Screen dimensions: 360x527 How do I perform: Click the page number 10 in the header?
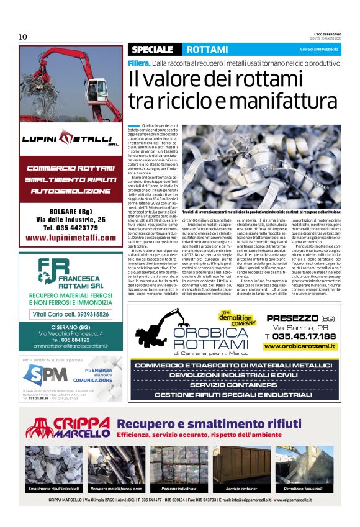[23, 37]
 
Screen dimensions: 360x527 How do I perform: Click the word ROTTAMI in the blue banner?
[207, 49]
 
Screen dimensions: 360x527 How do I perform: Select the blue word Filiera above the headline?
[139, 63]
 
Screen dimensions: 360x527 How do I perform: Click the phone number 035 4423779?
[70, 228]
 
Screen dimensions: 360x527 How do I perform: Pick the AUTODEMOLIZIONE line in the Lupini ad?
[70, 191]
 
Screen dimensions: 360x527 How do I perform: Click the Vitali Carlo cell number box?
[70, 314]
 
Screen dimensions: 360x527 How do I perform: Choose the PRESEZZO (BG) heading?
[301, 318]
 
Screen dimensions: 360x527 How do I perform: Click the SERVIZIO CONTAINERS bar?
[233, 385]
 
